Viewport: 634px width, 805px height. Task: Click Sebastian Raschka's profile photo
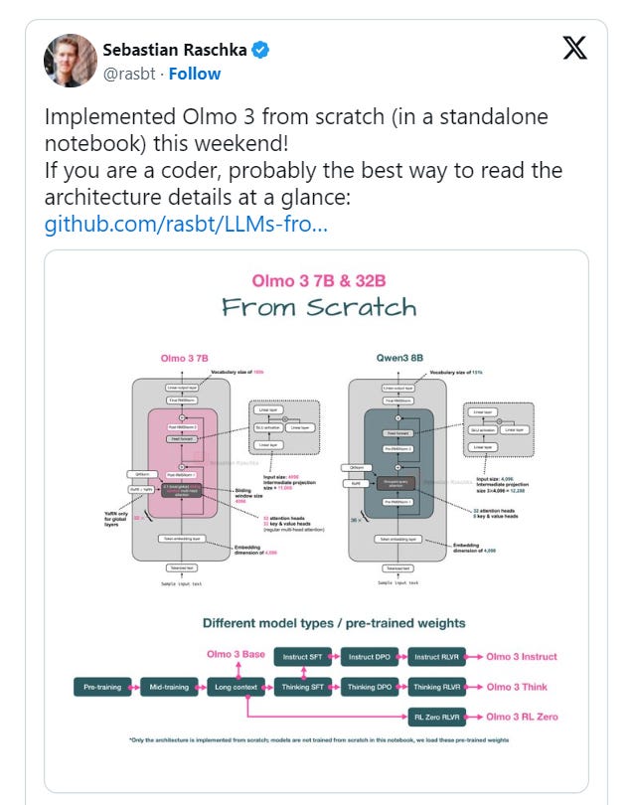tap(70, 60)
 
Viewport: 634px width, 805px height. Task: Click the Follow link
tap(195, 74)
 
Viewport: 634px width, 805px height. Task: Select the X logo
tap(574, 49)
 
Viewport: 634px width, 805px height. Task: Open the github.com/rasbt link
tap(186, 224)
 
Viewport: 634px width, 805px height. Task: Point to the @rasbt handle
tap(131, 74)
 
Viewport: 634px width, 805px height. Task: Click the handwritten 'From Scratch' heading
tap(319, 306)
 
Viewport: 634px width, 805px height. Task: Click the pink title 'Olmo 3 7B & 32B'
tap(319, 280)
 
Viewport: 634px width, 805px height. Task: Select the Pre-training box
tap(101, 687)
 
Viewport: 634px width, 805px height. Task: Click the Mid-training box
tap(170, 687)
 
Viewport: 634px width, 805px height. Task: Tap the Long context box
tap(238, 687)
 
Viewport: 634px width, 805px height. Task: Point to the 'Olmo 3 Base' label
tap(236, 654)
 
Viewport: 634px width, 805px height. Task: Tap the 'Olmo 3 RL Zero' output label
tap(523, 717)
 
